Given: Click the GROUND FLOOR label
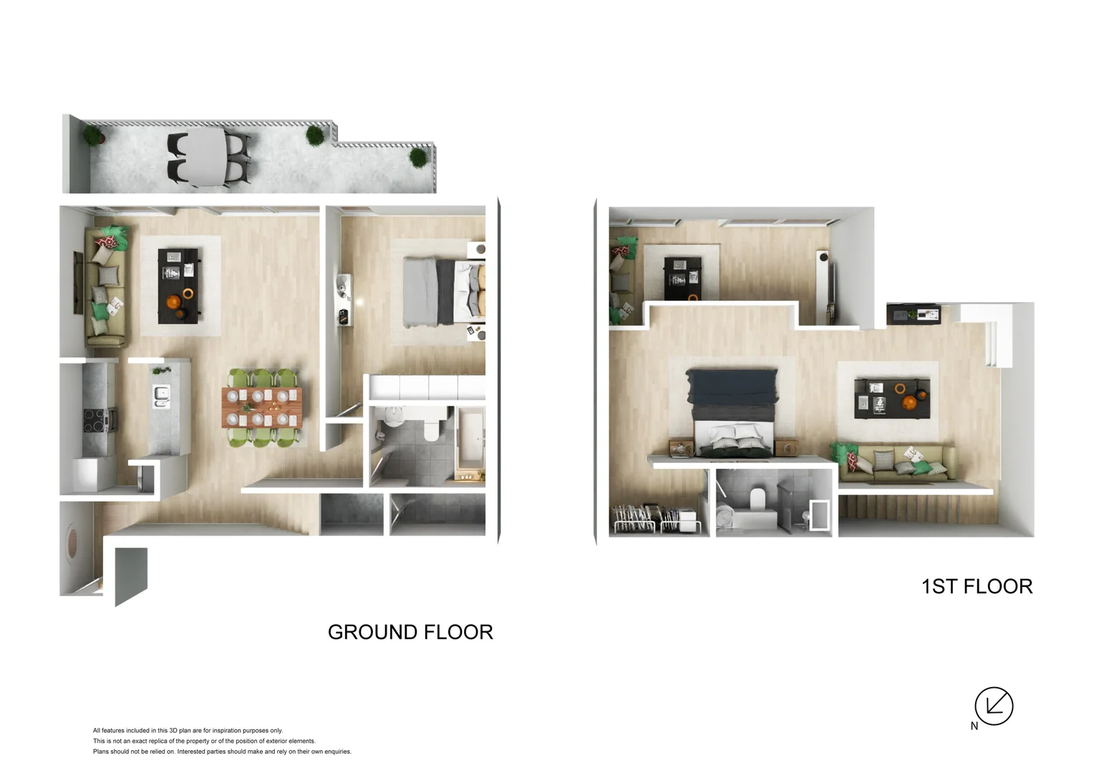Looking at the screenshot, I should [410, 632].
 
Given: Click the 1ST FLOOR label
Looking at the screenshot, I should [977, 586].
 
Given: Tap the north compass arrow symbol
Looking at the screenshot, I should [994, 706].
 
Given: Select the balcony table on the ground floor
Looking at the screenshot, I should [206, 158].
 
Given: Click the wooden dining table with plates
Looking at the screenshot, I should [262, 407].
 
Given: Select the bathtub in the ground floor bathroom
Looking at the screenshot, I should [470, 438].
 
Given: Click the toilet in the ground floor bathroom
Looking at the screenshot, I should [433, 426].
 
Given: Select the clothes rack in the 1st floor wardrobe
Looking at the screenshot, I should [644, 517].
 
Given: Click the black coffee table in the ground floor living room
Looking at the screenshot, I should [179, 286].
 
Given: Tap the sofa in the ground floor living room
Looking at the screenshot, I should [105, 286].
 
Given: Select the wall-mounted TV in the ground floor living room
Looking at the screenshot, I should [77, 283].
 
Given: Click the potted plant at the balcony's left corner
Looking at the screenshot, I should [93, 135].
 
